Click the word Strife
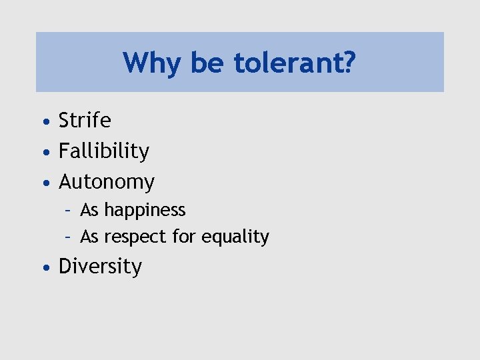pyautogui.click(x=85, y=121)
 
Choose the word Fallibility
pyautogui.click(x=104, y=151)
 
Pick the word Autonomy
pyautogui.click(x=107, y=181)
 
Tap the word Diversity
pyautogui.click(x=100, y=267)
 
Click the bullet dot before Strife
pyautogui.click(x=44, y=122)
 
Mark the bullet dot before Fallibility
pyautogui.click(x=44, y=153)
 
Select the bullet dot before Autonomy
pyautogui.click(x=44, y=183)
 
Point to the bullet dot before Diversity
pyautogui.click(x=44, y=268)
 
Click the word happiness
pyautogui.click(x=145, y=210)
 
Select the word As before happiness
pyautogui.click(x=89, y=210)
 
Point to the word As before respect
pyautogui.click(x=89, y=237)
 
